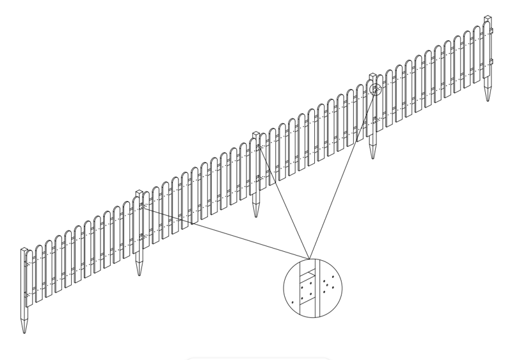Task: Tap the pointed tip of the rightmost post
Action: [488, 101]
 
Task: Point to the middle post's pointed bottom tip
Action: [256, 216]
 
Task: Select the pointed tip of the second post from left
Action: [139, 275]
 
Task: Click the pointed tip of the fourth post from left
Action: [372, 158]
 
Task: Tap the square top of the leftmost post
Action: [24, 249]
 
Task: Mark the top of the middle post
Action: [256, 134]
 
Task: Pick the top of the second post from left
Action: [138, 192]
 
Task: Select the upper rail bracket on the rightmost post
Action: [492, 31]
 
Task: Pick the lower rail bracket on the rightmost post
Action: [492, 61]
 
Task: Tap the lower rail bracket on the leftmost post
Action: [26, 294]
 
